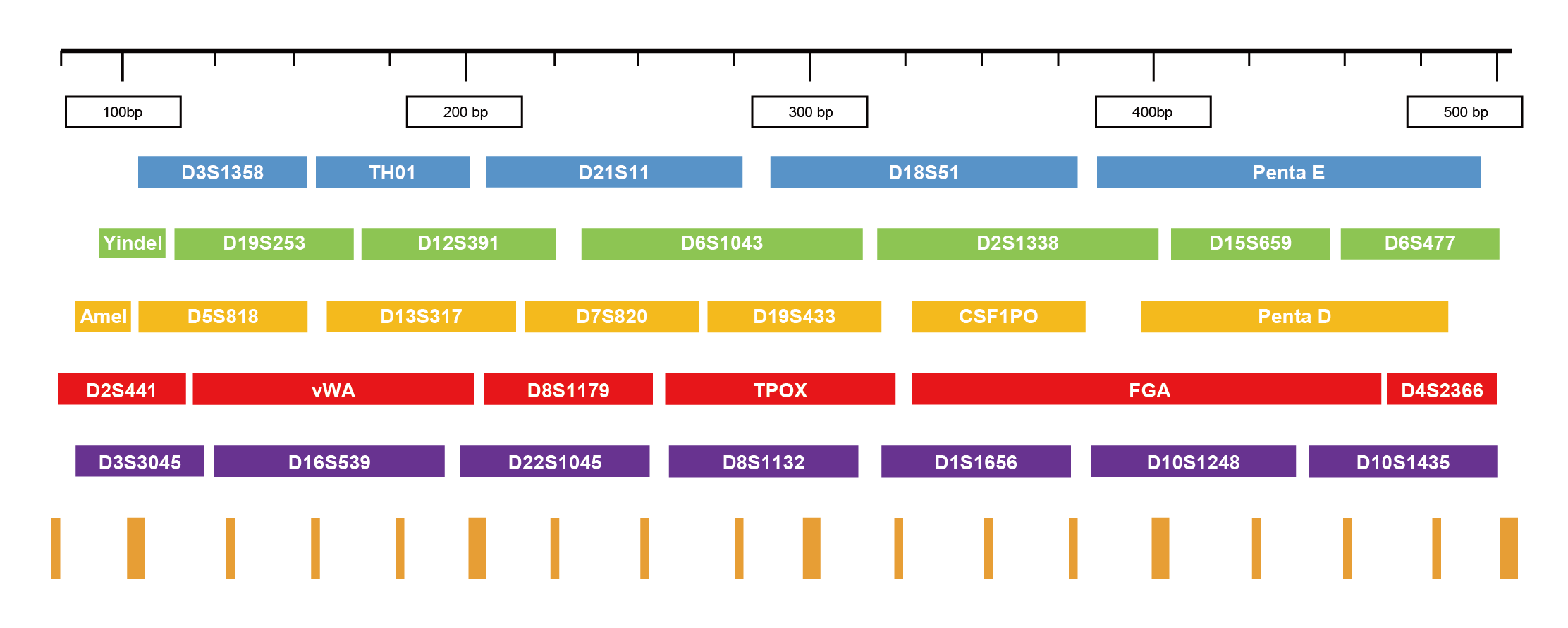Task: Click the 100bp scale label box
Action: click(x=123, y=112)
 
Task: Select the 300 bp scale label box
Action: click(x=809, y=112)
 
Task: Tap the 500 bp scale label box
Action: click(x=1464, y=112)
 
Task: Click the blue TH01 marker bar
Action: click(x=393, y=172)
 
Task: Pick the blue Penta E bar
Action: click(x=1289, y=172)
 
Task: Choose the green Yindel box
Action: click(x=133, y=243)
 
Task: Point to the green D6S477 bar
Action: click(x=1420, y=243)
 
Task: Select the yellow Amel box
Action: click(x=104, y=317)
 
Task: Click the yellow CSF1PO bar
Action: click(x=998, y=317)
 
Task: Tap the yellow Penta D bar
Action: click(x=1294, y=317)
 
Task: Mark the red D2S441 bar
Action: click(x=122, y=390)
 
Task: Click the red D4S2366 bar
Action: click(x=1442, y=390)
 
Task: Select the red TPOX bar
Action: click(x=780, y=390)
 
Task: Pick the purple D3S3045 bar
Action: click(x=140, y=461)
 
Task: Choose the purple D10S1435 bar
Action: click(x=1403, y=461)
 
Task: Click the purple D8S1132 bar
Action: click(x=764, y=461)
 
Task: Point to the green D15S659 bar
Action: click(x=1251, y=243)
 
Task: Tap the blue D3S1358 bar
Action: click(x=223, y=172)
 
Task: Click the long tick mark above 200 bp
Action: click(x=466, y=66)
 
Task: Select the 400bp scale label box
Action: click(x=1153, y=112)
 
